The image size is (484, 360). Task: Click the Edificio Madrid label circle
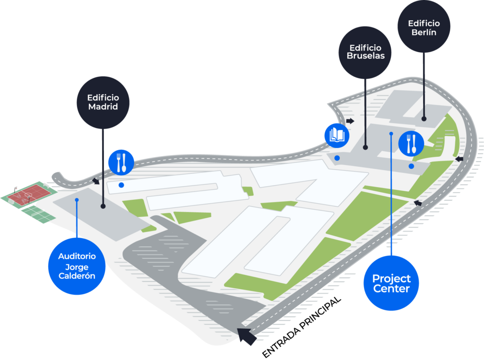103,102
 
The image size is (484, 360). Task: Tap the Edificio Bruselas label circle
365,52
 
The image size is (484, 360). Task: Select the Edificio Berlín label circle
423,27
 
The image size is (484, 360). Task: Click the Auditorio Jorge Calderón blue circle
77,266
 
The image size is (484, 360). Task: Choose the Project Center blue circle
391,283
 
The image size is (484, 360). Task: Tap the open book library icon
337,135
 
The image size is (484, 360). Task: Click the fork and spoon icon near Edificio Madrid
121,162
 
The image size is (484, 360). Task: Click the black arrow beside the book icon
350,121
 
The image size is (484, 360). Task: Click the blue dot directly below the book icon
337,158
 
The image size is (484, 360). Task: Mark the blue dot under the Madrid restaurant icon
121,185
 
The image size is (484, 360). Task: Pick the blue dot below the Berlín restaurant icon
411,166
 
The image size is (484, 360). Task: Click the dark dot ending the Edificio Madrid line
103,206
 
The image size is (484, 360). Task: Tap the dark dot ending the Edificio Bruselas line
365,148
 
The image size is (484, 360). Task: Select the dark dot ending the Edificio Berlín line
424,120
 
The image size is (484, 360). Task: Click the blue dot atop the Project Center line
391,134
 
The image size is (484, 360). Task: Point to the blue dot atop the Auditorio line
77,200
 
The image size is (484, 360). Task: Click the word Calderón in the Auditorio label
77,276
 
